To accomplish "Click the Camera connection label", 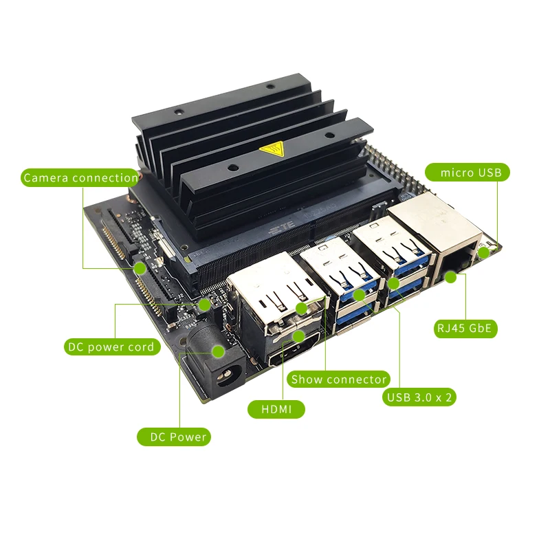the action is point(80,177).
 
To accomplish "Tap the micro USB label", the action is point(467,173).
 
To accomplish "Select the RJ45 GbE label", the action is point(465,329).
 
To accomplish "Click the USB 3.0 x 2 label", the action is point(419,397).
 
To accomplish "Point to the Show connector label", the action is point(338,379).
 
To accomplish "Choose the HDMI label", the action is point(276,409).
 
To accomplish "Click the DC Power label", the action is point(174,437).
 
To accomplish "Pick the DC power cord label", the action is point(112,347).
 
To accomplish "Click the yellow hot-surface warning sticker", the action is point(271,149).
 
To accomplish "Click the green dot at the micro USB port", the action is point(484,252).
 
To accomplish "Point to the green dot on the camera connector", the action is point(140,269).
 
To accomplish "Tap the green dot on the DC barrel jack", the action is point(218,351).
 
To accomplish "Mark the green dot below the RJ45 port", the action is point(451,278).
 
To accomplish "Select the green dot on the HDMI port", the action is point(299,336).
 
